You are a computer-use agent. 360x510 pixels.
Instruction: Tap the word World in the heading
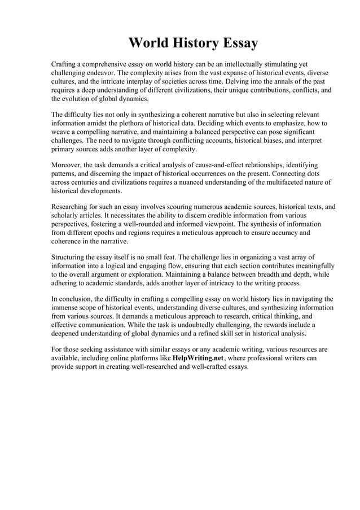(148, 43)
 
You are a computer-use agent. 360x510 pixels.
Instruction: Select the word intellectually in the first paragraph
(244, 65)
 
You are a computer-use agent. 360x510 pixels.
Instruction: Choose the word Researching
(71, 207)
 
